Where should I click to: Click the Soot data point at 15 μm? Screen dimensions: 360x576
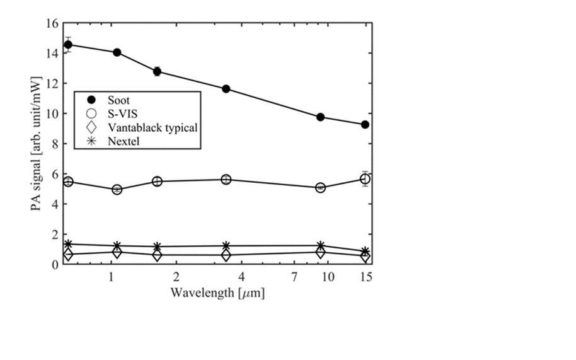[365, 125]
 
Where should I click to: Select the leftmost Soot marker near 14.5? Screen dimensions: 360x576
[68, 44]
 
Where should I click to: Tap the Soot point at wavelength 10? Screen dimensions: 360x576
[321, 117]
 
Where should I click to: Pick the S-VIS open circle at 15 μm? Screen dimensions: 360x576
[365, 179]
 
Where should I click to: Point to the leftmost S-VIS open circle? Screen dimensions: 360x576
[68, 182]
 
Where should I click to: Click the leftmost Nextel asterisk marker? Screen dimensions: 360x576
[68, 244]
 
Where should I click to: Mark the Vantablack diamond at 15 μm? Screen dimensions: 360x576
[365, 256]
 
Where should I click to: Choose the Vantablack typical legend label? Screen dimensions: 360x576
[153, 128]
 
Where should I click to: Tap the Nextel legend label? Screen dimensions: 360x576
[124, 142]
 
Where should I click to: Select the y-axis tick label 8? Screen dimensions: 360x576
[55, 144]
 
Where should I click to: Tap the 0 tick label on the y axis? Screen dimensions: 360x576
[55, 265]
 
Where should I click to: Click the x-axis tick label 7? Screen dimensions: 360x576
[295, 277]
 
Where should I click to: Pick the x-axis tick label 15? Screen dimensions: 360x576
[365, 277]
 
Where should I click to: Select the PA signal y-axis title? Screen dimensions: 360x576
[39, 144]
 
